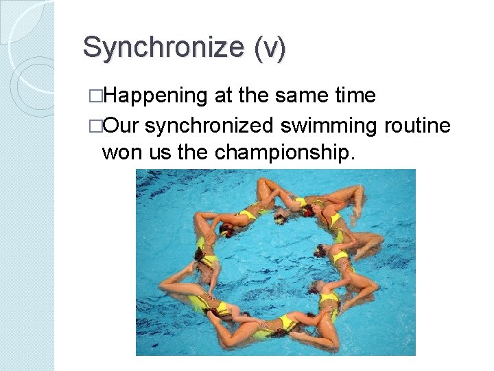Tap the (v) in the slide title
click(x=269, y=48)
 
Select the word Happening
click(x=155, y=96)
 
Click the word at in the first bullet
click(x=224, y=95)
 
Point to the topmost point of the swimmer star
click(x=263, y=180)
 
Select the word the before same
click(x=255, y=95)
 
